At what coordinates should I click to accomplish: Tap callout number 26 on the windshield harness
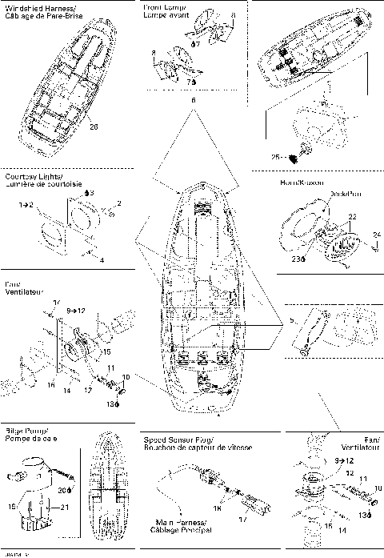(x=94, y=126)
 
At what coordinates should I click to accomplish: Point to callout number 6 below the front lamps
(x=193, y=100)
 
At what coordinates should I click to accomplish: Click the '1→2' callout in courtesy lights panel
(x=25, y=206)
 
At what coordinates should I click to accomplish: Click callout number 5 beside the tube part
(x=294, y=320)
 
